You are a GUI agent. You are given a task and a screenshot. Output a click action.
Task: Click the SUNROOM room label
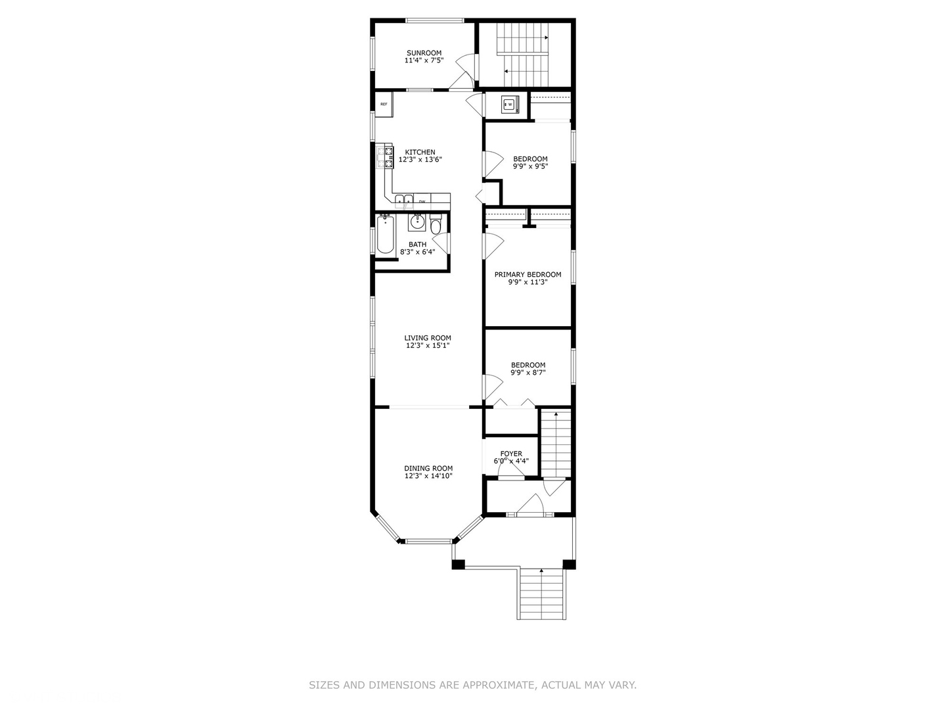[424, 53]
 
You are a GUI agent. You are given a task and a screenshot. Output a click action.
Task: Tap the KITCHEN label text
[420, 152]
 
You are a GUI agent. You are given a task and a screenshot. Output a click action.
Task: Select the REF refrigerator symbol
[384, 104]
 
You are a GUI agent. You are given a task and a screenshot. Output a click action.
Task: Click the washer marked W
[510, 105]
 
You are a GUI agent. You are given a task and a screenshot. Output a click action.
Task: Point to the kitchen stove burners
[385, 157]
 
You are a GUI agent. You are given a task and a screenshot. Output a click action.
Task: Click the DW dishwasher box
[422, 201]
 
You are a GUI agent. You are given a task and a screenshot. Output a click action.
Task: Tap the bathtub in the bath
[385, 235]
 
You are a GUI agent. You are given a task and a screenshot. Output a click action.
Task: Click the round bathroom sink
[417, 223]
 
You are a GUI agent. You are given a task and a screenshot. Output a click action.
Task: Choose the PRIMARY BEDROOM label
[528, 275]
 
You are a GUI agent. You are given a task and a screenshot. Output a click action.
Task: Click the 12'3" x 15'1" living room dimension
[428, 345]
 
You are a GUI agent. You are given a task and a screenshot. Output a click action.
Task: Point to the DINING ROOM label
[428, 468]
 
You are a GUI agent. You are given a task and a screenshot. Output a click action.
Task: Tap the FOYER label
[511, 454]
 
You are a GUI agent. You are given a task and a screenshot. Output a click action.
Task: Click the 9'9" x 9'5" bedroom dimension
[530, 166]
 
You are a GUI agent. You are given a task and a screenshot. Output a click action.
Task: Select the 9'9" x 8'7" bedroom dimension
[528, 373]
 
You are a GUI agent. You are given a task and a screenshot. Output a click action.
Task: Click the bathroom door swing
[440, 243]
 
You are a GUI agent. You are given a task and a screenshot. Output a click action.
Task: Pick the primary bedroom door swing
[494, 246]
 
